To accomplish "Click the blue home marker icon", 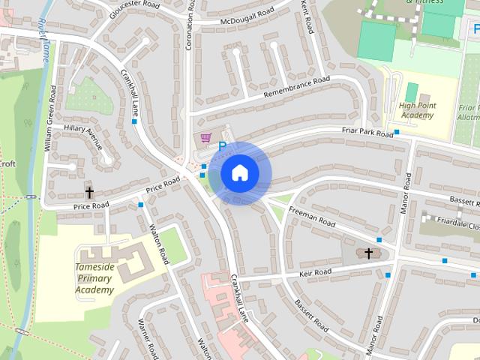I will [x=239, y=173].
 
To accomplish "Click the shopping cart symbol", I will [x=205, y=138].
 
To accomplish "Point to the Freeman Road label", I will [x=311, y=217].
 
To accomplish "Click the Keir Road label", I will [x=313, y=272].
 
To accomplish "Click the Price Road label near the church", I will [x=91, y=205].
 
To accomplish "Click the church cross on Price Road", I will [x=89, y=193].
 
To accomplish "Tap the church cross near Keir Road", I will [x=368, y=253].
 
